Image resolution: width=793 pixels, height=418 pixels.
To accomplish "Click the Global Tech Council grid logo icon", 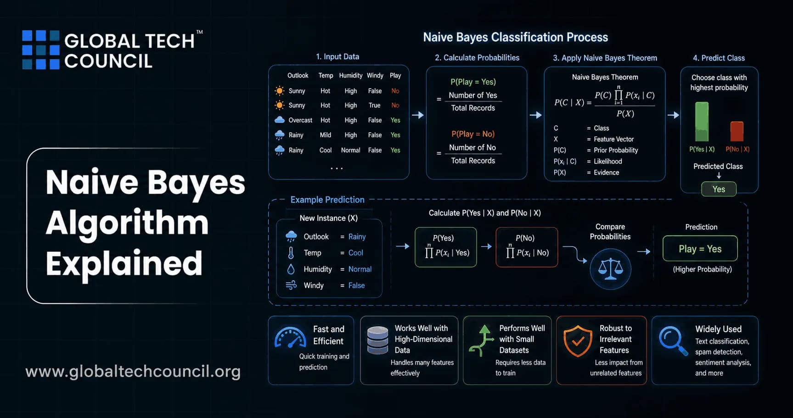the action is tap(41, 50).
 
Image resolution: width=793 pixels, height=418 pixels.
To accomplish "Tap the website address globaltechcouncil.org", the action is tap(133, 371).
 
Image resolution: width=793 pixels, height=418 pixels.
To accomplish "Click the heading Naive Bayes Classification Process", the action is tap(515, 37).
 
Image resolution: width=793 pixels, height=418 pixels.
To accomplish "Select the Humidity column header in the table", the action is tap(351, 75).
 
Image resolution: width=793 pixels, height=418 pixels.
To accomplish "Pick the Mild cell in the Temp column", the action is tap(326, 135).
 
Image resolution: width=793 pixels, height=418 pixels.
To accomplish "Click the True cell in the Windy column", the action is tap(375, 105).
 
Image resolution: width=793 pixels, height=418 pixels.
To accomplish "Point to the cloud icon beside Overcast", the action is tap(280, 120).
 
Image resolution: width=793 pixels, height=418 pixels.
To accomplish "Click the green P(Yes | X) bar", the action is tap(702, 122).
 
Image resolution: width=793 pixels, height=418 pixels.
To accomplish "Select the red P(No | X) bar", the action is tap(737, 131).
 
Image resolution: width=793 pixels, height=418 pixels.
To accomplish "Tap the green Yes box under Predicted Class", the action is tap(719, 189).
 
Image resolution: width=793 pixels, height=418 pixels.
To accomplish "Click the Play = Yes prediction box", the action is tap(700, 249).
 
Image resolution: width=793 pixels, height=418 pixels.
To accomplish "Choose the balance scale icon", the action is tap(610, 269).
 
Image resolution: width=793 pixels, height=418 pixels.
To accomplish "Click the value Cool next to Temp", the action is tap(356, 253).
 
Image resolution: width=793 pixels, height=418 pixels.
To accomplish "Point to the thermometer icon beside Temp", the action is tap(291, 253).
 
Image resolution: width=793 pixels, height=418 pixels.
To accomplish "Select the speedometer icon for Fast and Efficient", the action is tap(290, 338).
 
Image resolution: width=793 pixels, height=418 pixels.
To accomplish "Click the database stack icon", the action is tap(378, 340).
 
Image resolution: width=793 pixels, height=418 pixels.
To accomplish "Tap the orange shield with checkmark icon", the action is tap(578, 341).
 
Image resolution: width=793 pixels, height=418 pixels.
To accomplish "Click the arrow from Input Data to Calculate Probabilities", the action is tap(418, 115).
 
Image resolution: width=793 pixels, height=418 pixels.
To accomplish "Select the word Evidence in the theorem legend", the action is tap(606, 173).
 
